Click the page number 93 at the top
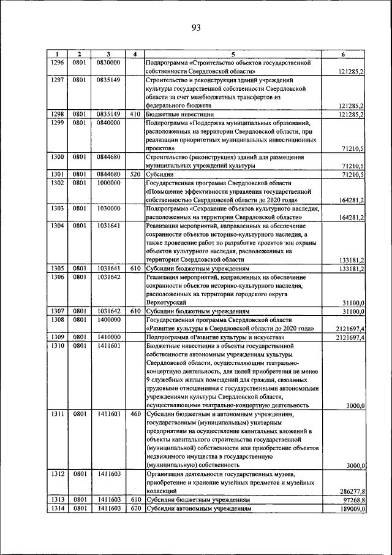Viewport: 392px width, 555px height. (195, 27)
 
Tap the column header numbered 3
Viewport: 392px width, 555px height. (108, 54)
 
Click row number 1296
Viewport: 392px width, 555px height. (57, 62)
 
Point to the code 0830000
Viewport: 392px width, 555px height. (108, 62)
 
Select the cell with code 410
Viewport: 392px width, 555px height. (135, 113)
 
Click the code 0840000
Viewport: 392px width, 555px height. (108, 122)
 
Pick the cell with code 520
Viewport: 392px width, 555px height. (135, 174)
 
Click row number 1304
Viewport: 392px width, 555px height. (57, 225)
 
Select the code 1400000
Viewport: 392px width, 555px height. (108, 320)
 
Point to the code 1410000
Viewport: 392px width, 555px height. (108, 337)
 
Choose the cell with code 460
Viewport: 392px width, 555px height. (135, 414)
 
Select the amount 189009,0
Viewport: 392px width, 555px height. (353, 508)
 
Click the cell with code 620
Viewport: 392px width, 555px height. (135, 508)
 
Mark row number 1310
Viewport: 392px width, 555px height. (57, 345)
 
